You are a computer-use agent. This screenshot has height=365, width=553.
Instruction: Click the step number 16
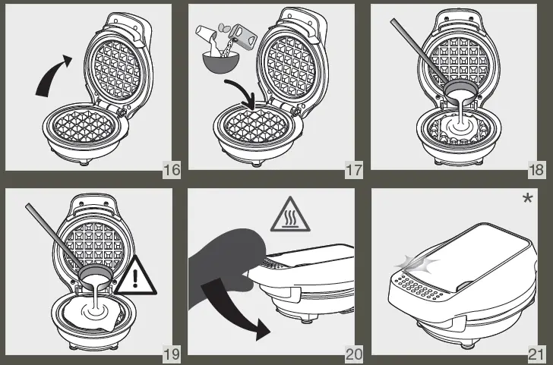(172, 168)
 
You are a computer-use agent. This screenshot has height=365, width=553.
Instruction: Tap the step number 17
(353, 168)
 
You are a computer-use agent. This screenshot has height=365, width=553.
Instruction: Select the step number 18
(536, 168)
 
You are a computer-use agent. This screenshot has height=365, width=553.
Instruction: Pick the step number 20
(353, 351)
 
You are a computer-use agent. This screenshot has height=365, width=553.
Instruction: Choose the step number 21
(536, 351)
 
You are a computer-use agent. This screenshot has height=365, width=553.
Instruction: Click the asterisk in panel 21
(527, 200)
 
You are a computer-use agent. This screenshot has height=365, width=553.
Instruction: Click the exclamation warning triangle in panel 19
(134, 278)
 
